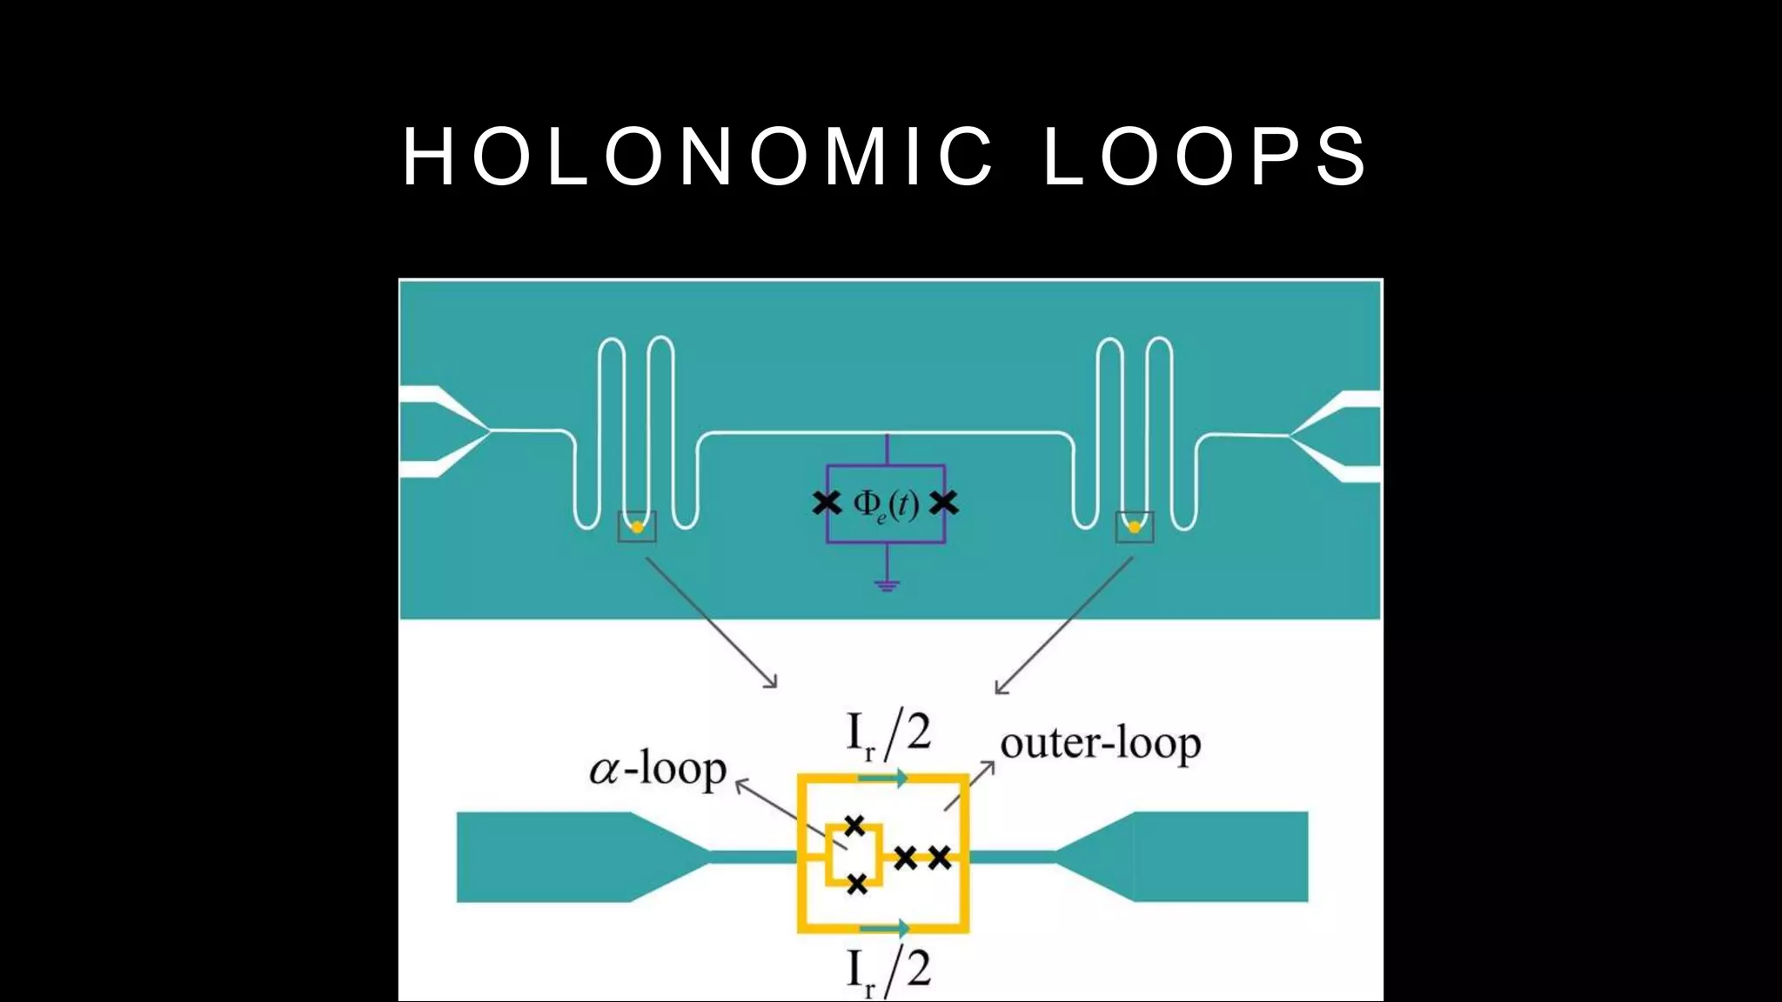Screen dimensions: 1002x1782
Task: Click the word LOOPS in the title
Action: pyautogui.click(x=1206, y=157)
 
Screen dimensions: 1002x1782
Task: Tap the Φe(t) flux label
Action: pyautogui.click(x=886, y=504)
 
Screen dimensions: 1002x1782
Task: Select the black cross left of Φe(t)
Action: pyautogui.click(x=827, y=503)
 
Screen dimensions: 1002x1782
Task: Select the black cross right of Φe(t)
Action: pyautogui.click(x=944, y=503)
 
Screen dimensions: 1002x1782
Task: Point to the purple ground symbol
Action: pyautogui.click(x=887, y=584)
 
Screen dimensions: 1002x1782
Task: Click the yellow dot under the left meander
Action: pyautogui.click(x=637, y=527)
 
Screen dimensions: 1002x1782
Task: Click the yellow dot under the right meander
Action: pyautogui.click(x=1135, y=527)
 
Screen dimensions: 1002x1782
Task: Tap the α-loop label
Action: pyautogui.click(x=658, y=769)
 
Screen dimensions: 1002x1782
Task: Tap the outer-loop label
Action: pyautogui.click(x=1101, y=744)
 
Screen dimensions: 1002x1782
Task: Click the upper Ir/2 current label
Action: pyautogui.click(x=888, y=735)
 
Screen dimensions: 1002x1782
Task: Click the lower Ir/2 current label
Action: pyautogui.click(x=888, y=971)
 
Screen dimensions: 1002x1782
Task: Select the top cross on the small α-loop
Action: pyautogui.click(x=854, y=825)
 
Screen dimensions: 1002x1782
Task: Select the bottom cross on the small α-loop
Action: pyautogui.click(x=857, y=885)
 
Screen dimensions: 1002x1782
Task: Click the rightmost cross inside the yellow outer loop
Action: pyautogui.click(x=940, y=858)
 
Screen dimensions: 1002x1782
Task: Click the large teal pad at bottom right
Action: pyautogui.click(x=1218, y=857)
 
